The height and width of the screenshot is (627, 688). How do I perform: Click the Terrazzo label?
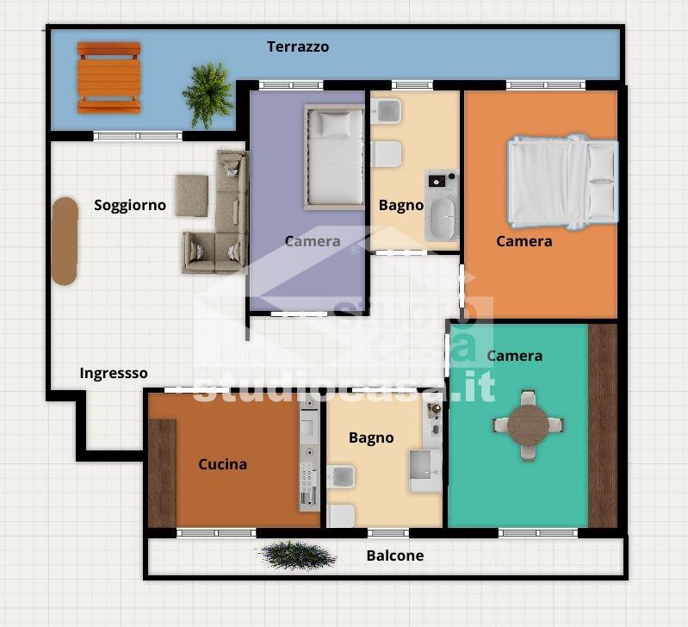298,47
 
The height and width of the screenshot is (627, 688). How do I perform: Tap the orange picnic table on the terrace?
108,78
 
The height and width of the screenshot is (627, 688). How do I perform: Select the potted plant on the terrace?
208,96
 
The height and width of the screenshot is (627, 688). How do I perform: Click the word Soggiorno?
130,205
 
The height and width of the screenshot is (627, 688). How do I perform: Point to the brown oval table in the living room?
65,241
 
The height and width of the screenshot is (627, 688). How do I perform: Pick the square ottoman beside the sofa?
192,196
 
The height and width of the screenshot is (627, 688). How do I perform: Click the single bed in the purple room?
334,157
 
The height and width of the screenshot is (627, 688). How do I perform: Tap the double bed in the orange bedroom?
562,182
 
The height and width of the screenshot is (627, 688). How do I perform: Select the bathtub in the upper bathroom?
443,219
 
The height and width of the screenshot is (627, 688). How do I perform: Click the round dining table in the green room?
529,425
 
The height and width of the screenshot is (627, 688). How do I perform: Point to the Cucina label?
222,464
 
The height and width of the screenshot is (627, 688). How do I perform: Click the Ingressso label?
114,373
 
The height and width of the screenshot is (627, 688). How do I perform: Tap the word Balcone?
395,556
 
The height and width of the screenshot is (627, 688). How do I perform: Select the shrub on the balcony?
298,555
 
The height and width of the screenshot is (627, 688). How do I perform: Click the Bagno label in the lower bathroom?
371,438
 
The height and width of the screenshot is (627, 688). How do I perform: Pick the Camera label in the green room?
515,356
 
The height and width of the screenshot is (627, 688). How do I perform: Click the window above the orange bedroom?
545,84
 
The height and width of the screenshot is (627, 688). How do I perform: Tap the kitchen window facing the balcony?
216,533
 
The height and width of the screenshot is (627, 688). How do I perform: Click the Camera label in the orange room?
524,241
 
